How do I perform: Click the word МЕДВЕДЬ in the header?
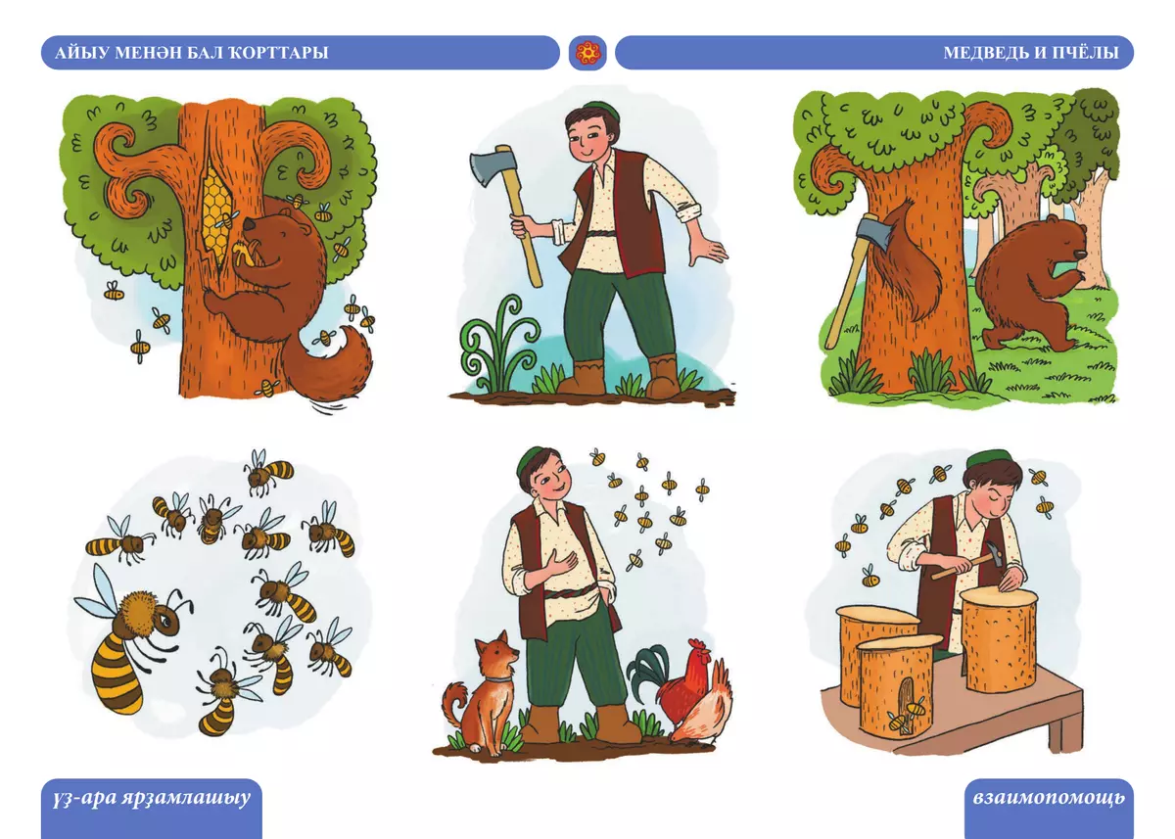[x=980, y=53]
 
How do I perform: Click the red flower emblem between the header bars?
[x=588, y=53]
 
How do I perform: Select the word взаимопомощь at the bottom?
[x=1049, y=799]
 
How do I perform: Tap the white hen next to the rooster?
[x=700, y=705]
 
